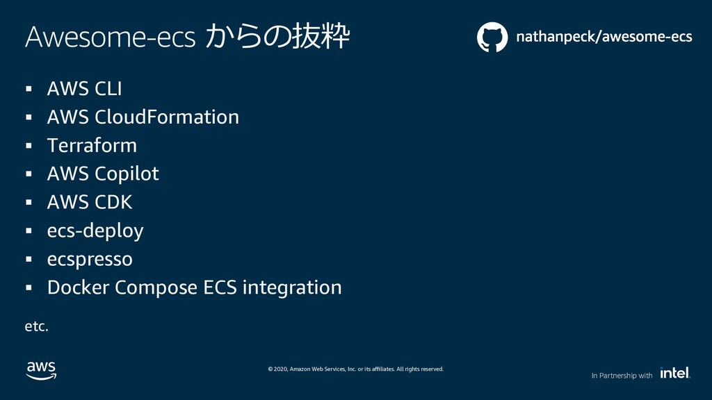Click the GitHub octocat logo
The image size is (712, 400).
coord(492,37)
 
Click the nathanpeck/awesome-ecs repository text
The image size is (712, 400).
coord(604,37)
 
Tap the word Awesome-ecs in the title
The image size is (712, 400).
coord(110,37)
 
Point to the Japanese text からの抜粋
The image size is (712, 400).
coord(277,36)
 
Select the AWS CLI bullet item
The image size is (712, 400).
coord(84,88)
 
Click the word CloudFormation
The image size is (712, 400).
coord(167,117)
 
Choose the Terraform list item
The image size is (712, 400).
coord(92,146)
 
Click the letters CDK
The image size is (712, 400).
coord(113,202)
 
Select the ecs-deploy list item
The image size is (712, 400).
coord(95,231)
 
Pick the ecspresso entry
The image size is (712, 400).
coord(90,260)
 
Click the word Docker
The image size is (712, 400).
coord(78,287)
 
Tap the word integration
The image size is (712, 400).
coord(292,288)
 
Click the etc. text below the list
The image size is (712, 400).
coord(36,326)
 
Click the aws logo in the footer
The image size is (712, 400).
coord(41,371)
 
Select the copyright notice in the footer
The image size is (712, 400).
coord(355,369)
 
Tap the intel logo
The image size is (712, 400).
coord(675,373)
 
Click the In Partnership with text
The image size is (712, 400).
coord(622,376)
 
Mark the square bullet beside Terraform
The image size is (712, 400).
coord(29,146)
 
